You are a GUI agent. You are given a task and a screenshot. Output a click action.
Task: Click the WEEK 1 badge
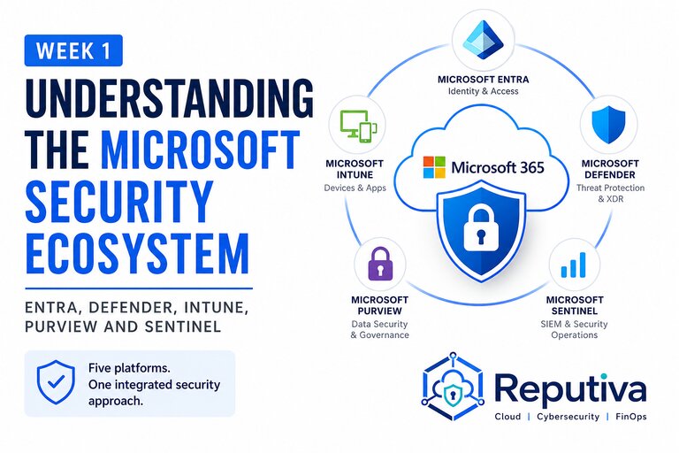pyautogui.click(x=73, y=50)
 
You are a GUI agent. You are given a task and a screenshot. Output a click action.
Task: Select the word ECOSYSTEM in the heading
pyautogui.click(x=137, y=254)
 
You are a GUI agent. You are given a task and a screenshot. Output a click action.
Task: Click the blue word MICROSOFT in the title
pyautogui.click(x=201, y=150)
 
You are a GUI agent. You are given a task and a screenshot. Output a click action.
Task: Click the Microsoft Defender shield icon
pyautogui.click(x=608, y=125)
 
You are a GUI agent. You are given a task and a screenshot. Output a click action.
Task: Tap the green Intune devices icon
pyautogui.click(x=357, y=126)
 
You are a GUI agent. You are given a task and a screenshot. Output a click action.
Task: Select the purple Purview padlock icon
pyautogui.click(x=380, y=264)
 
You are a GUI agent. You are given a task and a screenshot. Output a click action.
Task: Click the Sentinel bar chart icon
pyautogui.click(x=573, y=265)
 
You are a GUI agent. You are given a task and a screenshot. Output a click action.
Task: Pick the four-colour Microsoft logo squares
pyautogui.click(x=434, y=167)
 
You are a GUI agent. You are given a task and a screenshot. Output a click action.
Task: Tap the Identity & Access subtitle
pyautogui.click(x=484, y=91)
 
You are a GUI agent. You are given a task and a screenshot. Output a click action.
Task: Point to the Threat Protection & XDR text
pyautogui.click(x=610, y=194)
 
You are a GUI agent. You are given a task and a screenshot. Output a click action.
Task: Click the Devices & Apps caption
pyautogui.click(x=355, y=188)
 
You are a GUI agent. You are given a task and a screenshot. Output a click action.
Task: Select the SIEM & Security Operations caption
pyautogui.click(x=574, y=329)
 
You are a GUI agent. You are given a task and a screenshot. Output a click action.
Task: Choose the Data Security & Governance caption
pyautogui.click(x=380, y=329)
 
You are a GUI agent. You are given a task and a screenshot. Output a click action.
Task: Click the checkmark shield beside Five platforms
pyautogui.click(x=56, y=382)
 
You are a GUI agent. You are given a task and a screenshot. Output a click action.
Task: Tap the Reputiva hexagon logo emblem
pyautogui.click(x=453, y=386)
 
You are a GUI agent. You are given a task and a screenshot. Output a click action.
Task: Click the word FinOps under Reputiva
pyautogui.click(x=631, y=417)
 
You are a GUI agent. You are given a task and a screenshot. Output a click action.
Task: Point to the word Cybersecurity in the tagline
pyautogui.click(x=568, y=417)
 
